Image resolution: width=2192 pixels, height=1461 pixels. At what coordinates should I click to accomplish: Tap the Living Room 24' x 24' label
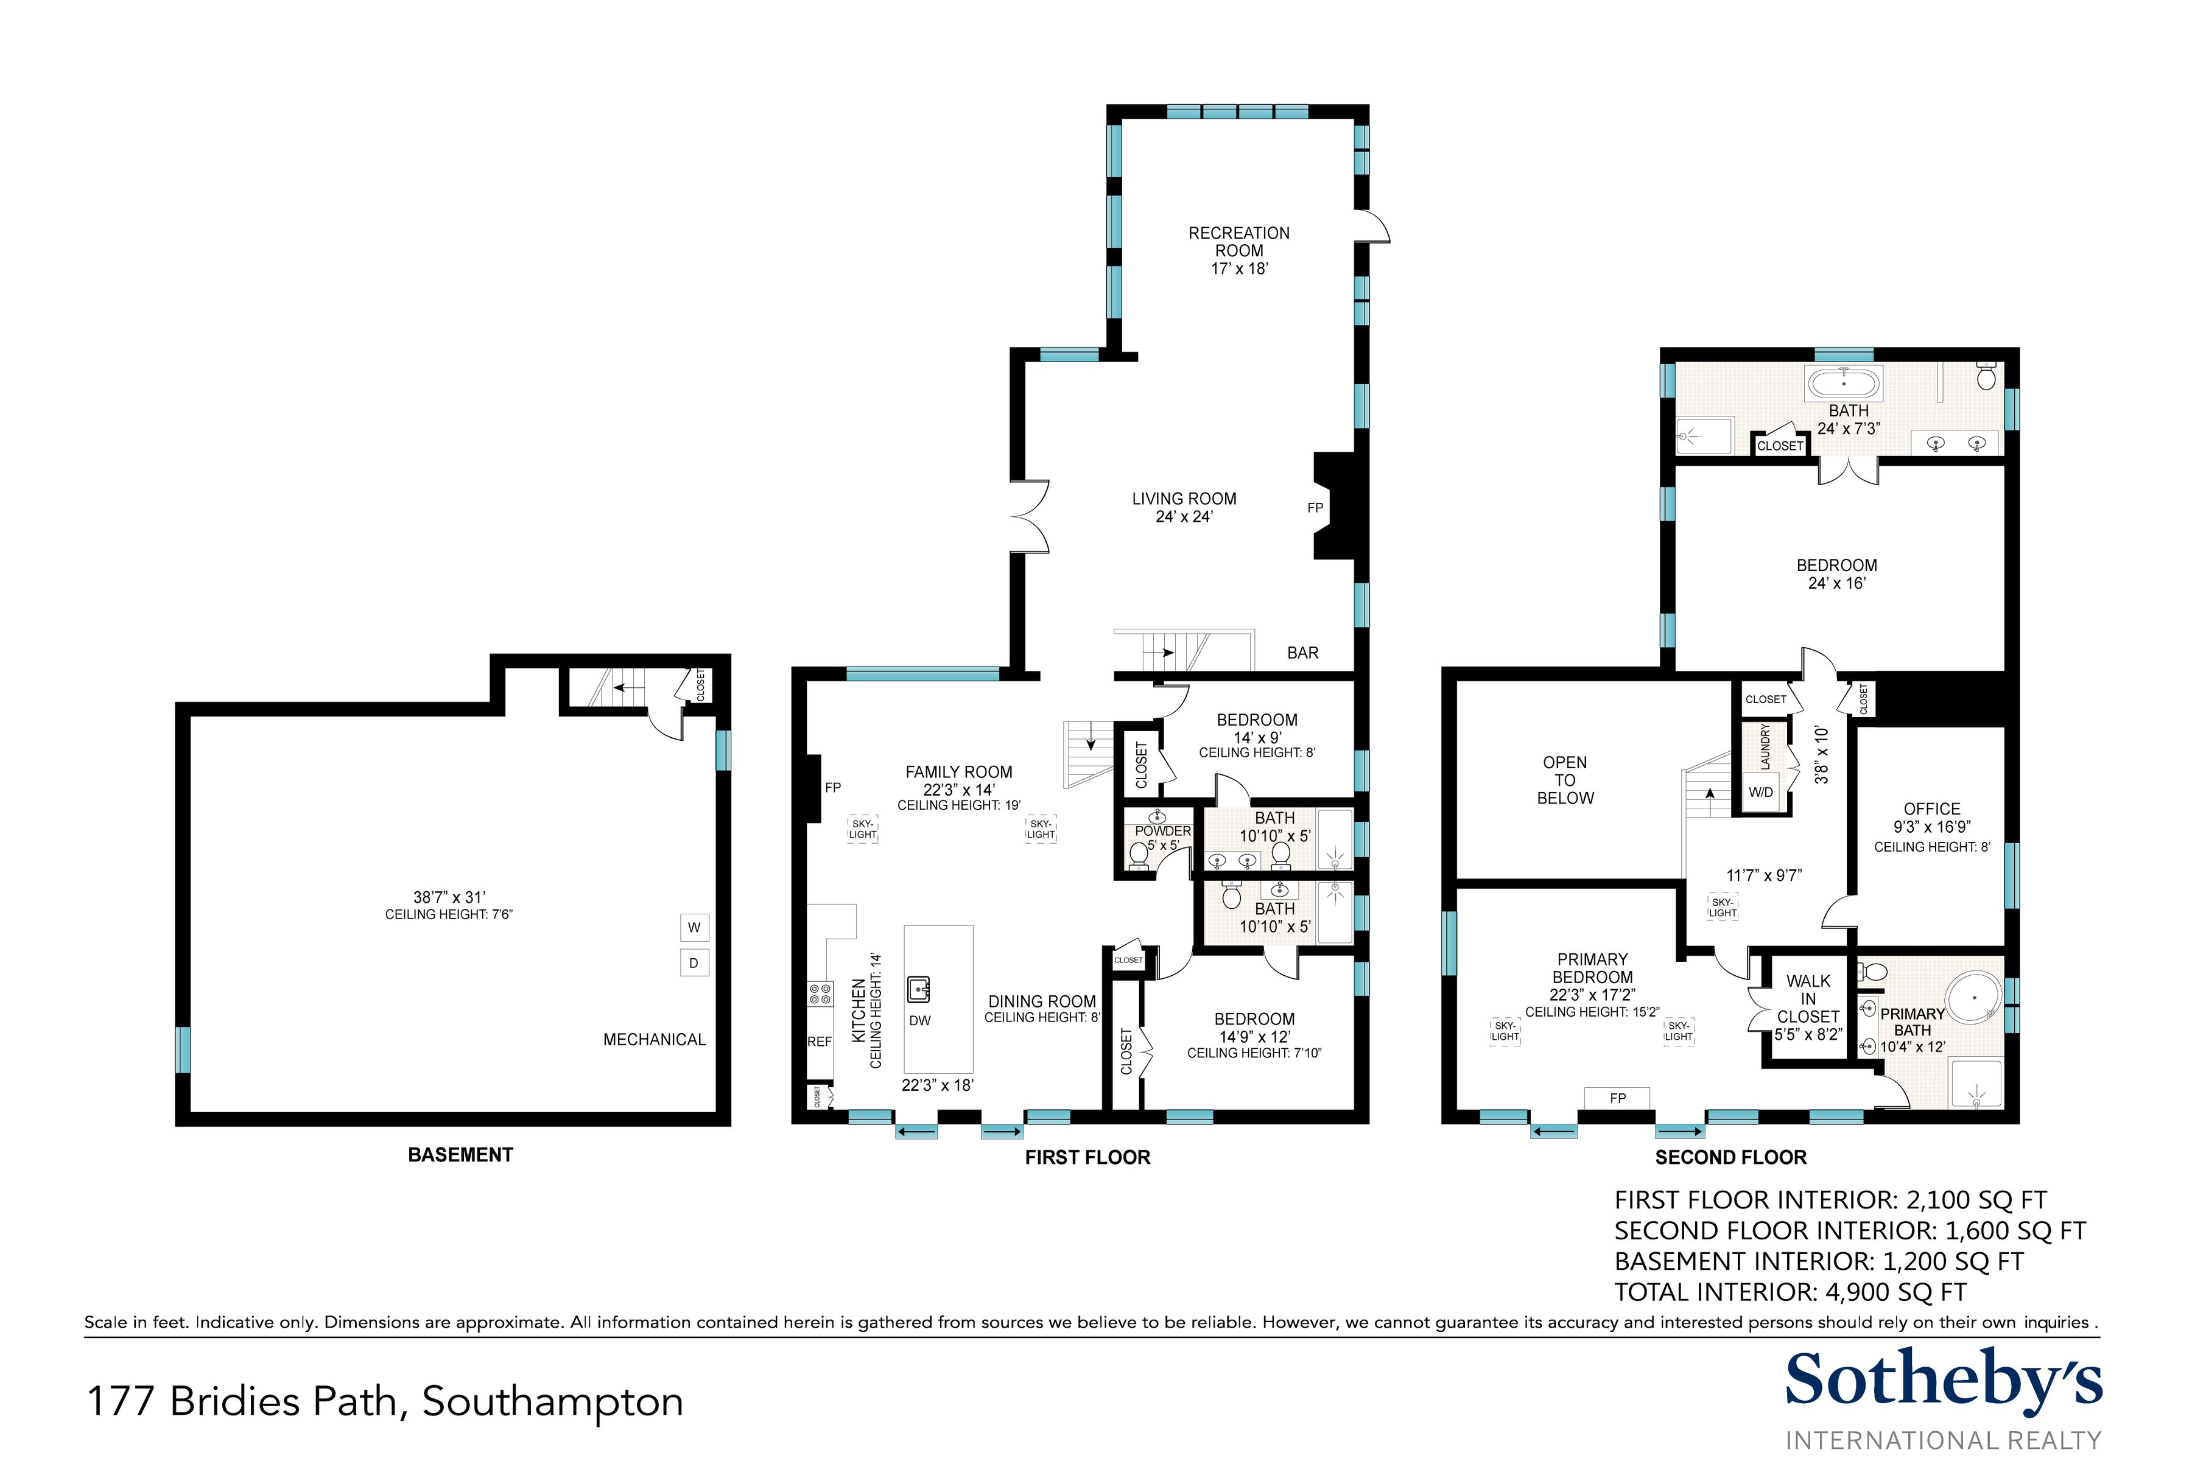click(1184, 508)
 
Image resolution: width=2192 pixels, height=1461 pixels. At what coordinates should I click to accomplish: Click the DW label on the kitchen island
click(920, 1020)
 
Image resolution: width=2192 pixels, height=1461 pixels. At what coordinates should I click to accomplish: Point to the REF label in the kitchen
click(819, 1042)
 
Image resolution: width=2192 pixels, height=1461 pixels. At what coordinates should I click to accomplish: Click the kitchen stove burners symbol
click(820, 993)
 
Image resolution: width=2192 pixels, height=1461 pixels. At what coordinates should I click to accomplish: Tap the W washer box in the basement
click(694, 928)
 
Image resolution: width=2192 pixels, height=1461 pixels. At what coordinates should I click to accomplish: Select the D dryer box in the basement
click(694, 962)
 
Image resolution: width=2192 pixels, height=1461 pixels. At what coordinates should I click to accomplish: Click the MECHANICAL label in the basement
click(654, 1040)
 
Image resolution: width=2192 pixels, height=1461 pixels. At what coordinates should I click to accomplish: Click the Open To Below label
click(1565, 780)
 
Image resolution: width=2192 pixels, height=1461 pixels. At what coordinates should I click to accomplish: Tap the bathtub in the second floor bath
click(1844, 383)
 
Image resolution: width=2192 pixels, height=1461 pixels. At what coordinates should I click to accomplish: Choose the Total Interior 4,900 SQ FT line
click(1790, 1292)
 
